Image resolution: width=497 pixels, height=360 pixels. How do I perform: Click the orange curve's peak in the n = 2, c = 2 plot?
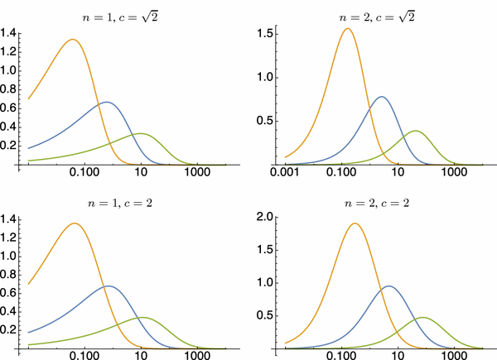click(355, 223)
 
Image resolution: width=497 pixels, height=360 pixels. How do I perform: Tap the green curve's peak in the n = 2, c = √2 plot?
click(415, 131)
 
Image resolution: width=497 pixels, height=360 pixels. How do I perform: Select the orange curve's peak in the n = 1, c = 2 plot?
click(75, 223)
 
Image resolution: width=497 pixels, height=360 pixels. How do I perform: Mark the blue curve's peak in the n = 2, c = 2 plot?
click(388, 286)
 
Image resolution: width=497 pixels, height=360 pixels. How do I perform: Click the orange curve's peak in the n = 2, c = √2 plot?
click(347, 29)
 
